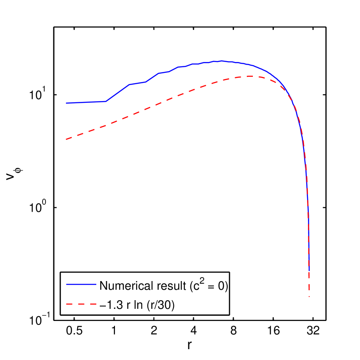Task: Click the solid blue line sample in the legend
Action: point(81,285)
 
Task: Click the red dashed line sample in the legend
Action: point(81,305)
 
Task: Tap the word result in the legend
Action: point(160,286)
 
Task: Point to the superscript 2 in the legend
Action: point(202,281)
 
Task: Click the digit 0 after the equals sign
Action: point(220,286)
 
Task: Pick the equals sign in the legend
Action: point(211,286)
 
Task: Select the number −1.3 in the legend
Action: point(109,305)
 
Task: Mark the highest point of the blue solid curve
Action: point(222,61)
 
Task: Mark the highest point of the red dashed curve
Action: point(251,76)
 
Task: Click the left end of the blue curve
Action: point(66,103)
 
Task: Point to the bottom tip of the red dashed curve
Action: point(309,297)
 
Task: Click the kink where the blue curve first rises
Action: point(106,101)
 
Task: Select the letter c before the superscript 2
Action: point(196,286)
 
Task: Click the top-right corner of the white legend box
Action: point(229,272)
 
